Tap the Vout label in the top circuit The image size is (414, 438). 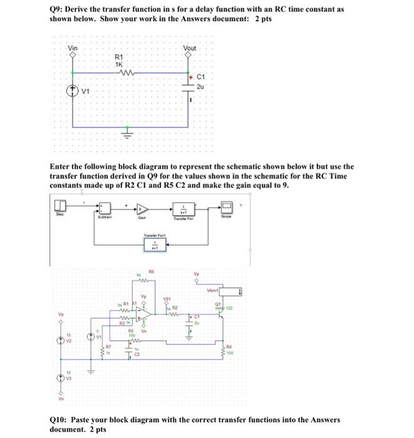click(190, 48)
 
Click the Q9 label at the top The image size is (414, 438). click(57, 11)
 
